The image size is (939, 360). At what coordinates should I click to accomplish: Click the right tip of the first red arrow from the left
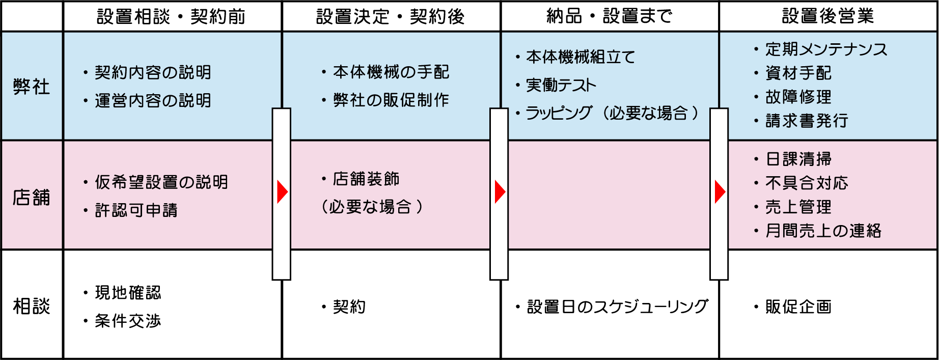coord(288,192)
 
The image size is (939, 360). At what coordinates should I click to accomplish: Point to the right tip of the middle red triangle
coord(506,192)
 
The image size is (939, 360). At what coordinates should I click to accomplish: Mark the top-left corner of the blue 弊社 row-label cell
coord(2,32)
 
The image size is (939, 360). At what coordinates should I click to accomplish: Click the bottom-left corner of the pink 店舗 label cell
coord(2,248)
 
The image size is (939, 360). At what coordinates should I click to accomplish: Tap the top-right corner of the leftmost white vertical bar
coord(291,108)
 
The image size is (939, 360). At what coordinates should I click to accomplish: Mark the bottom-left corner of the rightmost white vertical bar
coord(710,280)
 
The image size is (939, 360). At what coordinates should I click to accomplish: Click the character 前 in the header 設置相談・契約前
coord(236,17)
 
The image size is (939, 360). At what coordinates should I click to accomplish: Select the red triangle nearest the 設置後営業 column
coord(720,192)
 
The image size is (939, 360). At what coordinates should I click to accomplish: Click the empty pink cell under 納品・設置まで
coord(609,195)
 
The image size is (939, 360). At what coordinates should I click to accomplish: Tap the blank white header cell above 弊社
coord(32,16)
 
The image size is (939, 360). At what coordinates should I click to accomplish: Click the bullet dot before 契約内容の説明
coord(86,73)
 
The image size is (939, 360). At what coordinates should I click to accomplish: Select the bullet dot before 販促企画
coord(756,307)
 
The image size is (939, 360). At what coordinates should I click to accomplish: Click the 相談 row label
coord(32,307)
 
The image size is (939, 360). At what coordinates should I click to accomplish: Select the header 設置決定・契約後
coord(391,17)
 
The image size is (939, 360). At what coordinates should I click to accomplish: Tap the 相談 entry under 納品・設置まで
coord(612,307)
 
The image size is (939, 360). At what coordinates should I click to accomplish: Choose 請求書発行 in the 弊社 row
coord(807,121)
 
